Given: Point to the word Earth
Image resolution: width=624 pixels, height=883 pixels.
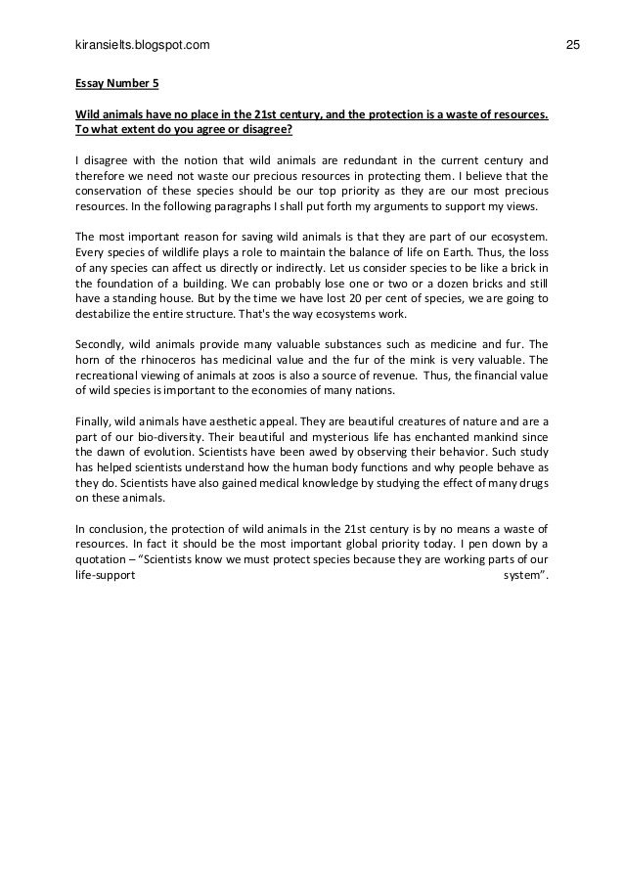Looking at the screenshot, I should [x=438, y=252].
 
